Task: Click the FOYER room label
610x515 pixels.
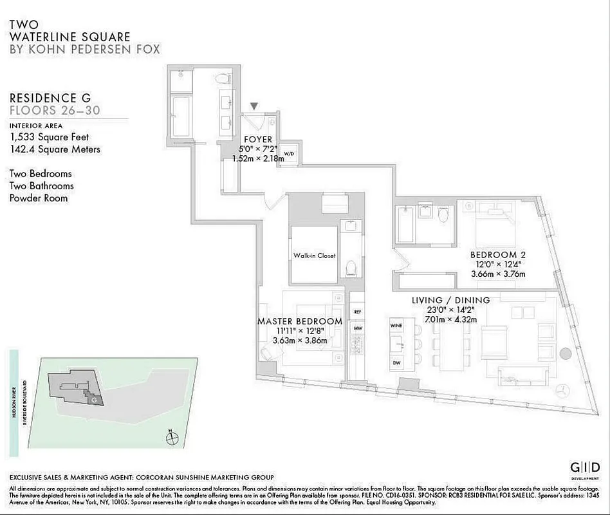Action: pos(257,140)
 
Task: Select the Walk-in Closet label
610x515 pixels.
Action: pos(315,256)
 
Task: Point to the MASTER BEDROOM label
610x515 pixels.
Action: pos(299,321)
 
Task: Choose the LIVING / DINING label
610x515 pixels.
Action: pos(450,300)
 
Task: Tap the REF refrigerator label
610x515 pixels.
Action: pos(358,312)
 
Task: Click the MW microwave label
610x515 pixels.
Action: pos(358,328)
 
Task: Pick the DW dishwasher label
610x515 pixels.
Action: pos(396,363)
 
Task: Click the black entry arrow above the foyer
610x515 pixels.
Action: pos(255,106)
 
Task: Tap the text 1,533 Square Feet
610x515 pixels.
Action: pos(49,137)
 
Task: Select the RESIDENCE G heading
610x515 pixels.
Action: pos(50,98)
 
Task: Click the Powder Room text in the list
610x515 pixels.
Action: pos(38,198)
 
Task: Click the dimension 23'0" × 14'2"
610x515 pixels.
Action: pos(450,310)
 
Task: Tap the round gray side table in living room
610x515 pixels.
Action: pos(565,353)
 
